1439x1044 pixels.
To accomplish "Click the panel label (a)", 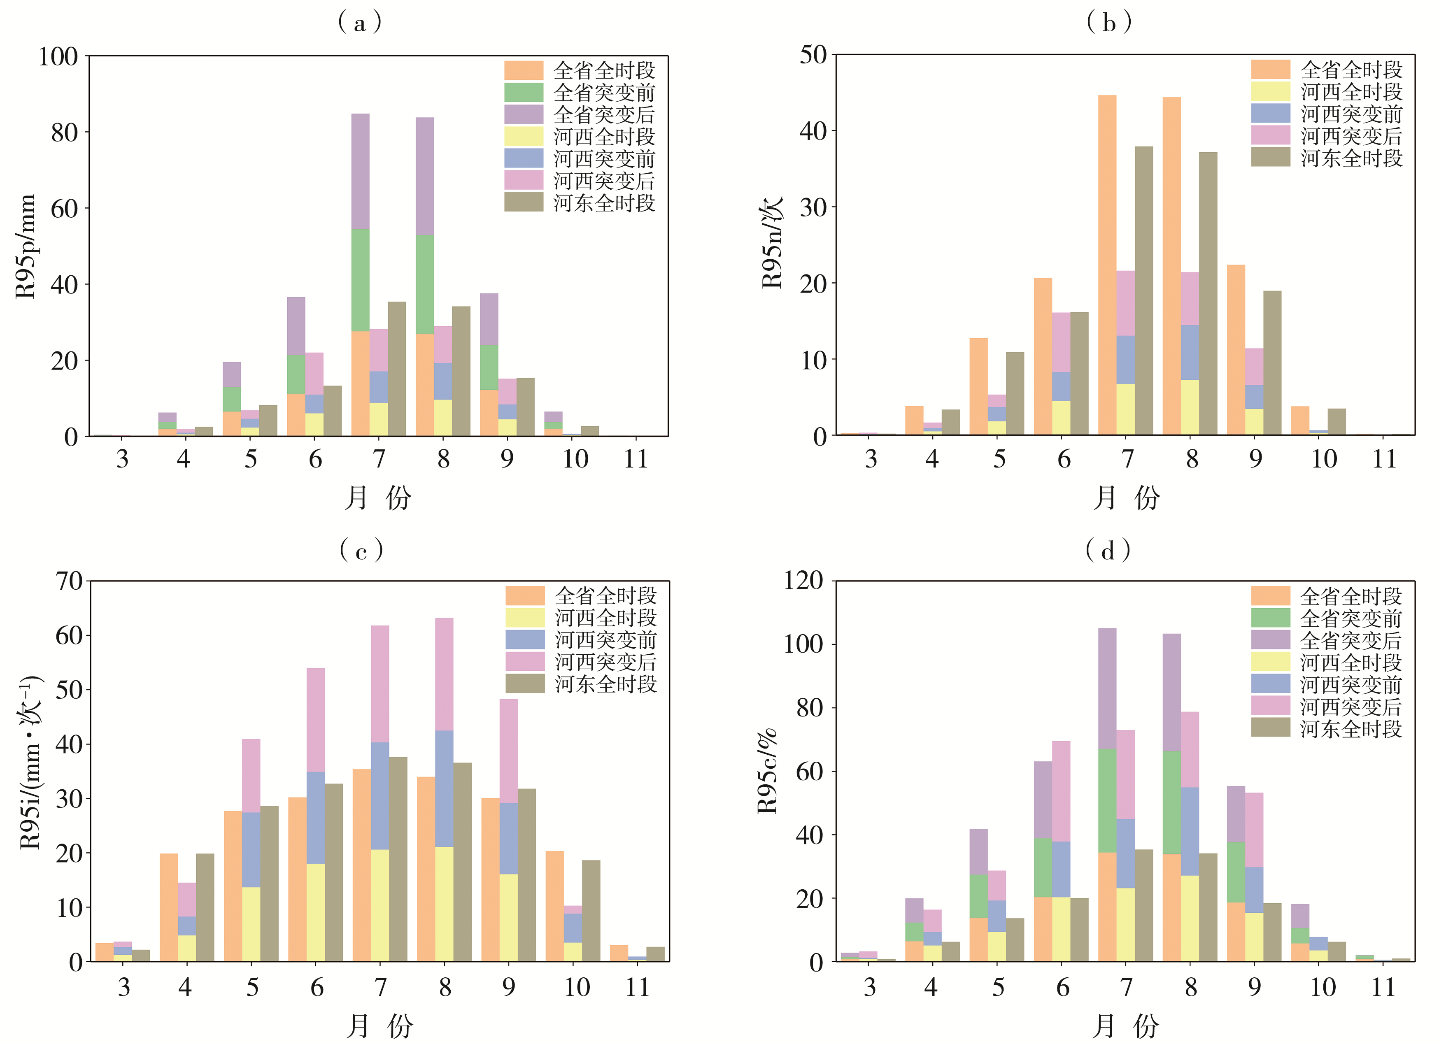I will (360, 23).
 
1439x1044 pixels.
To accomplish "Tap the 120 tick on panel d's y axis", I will (803, 580).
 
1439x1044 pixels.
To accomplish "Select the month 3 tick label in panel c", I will (124, 988).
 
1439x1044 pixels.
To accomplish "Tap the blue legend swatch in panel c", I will (525, 639).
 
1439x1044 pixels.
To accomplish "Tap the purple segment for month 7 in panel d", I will (1107, 688).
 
